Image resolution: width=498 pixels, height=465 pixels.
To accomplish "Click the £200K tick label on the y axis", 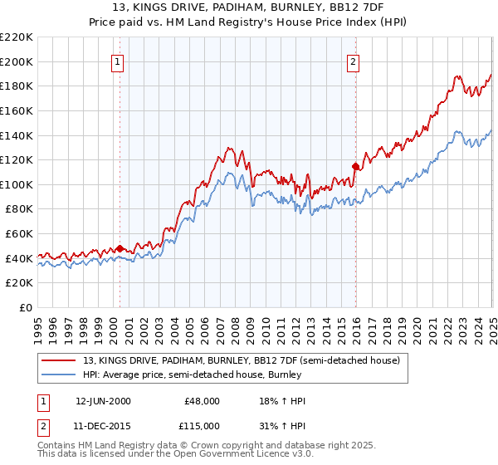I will (x=17, y=61).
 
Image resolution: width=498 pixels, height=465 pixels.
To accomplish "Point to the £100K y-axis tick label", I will (x=17, y=184).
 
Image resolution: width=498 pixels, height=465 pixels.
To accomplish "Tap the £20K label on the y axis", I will (x=20, y=283).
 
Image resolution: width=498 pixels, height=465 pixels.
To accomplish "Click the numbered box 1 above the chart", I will (x=117, y=61).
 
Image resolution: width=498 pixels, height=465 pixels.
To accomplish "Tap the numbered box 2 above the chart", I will (x=354, y=61).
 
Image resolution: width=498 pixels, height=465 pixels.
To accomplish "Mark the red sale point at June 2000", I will (x=120, y=247).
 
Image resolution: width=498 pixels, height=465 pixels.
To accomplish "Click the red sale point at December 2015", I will (x=355, y=165).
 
